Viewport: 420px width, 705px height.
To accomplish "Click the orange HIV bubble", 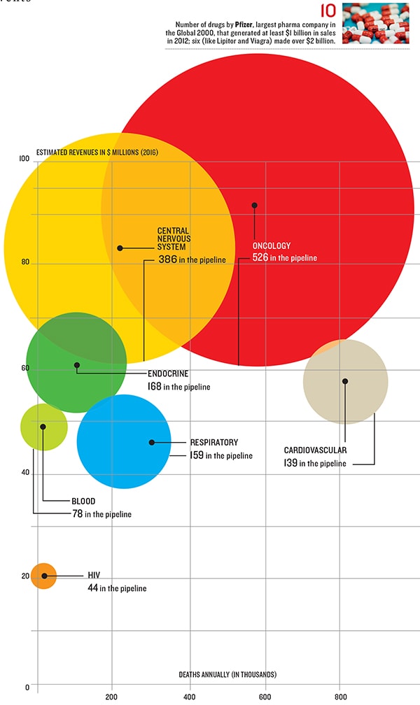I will (43, 576).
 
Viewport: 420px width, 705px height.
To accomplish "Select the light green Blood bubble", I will (44, 426).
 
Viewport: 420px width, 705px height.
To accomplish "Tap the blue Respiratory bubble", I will (124, 442).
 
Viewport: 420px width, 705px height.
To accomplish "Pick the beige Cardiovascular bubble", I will (345, 381).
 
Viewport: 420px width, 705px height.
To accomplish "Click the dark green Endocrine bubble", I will (76, 362).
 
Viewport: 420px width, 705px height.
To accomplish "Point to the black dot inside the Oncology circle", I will (254, 205).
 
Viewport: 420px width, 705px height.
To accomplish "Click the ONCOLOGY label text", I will (272, 246).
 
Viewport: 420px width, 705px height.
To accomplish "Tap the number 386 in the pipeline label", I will (167, 259).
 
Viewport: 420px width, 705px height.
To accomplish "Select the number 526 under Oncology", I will (260, 258).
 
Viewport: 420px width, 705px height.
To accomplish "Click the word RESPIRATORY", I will (213, 443).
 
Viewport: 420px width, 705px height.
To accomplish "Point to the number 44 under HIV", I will (92, 588).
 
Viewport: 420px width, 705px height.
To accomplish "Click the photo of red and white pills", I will (376, 24).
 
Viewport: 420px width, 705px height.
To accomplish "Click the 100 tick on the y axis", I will (24, 159).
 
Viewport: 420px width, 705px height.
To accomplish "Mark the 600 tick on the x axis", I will (264, 697).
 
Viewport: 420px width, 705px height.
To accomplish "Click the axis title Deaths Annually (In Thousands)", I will (227, 674).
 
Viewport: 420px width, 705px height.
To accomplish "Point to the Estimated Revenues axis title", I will (97, 152).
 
